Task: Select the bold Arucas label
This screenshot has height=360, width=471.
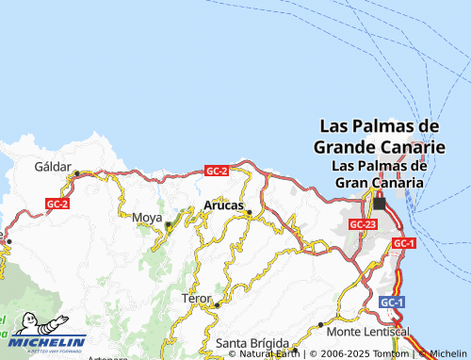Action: pyautogui.click(x=223, y=205)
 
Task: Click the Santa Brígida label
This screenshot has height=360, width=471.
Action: pyautogui.click(x=250, y=341)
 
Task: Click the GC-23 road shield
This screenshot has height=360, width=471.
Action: pyautogui.click(x=363, y=224)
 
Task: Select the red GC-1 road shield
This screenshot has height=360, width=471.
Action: pyautogui.click(x=403, y=243)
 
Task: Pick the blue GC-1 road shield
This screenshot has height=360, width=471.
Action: pyautogui.click(x=392, y=302)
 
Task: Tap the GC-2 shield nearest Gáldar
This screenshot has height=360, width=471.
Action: pyautogui.click(x=57, y=203)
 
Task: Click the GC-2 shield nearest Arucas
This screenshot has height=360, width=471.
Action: pyautogui.click(x=217, y=171)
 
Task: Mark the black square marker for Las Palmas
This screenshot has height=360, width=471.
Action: pyautogui.click(x=380, y=203)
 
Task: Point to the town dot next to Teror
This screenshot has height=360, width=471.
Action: pyautogui.click(x=217, y=304)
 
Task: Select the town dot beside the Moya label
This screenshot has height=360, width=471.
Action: pyautogui.click(x=169, y=224)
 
